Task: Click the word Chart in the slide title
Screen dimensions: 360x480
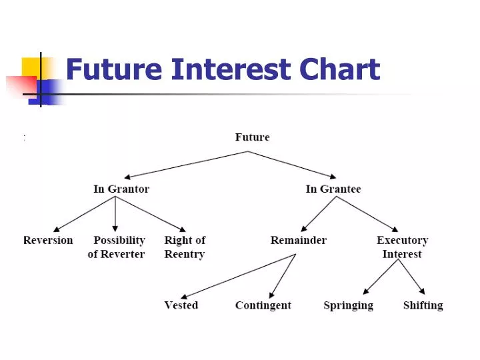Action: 340,69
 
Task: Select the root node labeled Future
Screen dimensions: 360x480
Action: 252,137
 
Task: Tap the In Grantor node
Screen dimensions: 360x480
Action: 121,189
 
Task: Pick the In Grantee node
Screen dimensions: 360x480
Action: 333,189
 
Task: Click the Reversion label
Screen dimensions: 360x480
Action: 48,240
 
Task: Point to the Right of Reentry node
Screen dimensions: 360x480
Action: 185,247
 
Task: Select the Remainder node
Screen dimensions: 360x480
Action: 298,240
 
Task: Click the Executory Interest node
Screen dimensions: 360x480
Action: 402,247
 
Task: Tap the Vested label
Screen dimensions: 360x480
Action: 181,305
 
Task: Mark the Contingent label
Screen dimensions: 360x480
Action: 263,305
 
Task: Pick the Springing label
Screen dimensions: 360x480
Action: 348,305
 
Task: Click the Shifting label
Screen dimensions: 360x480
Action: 423,305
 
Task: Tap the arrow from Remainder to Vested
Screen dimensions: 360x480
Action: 238,276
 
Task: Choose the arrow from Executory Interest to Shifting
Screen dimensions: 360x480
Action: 411,276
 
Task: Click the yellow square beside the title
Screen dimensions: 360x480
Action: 31,67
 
